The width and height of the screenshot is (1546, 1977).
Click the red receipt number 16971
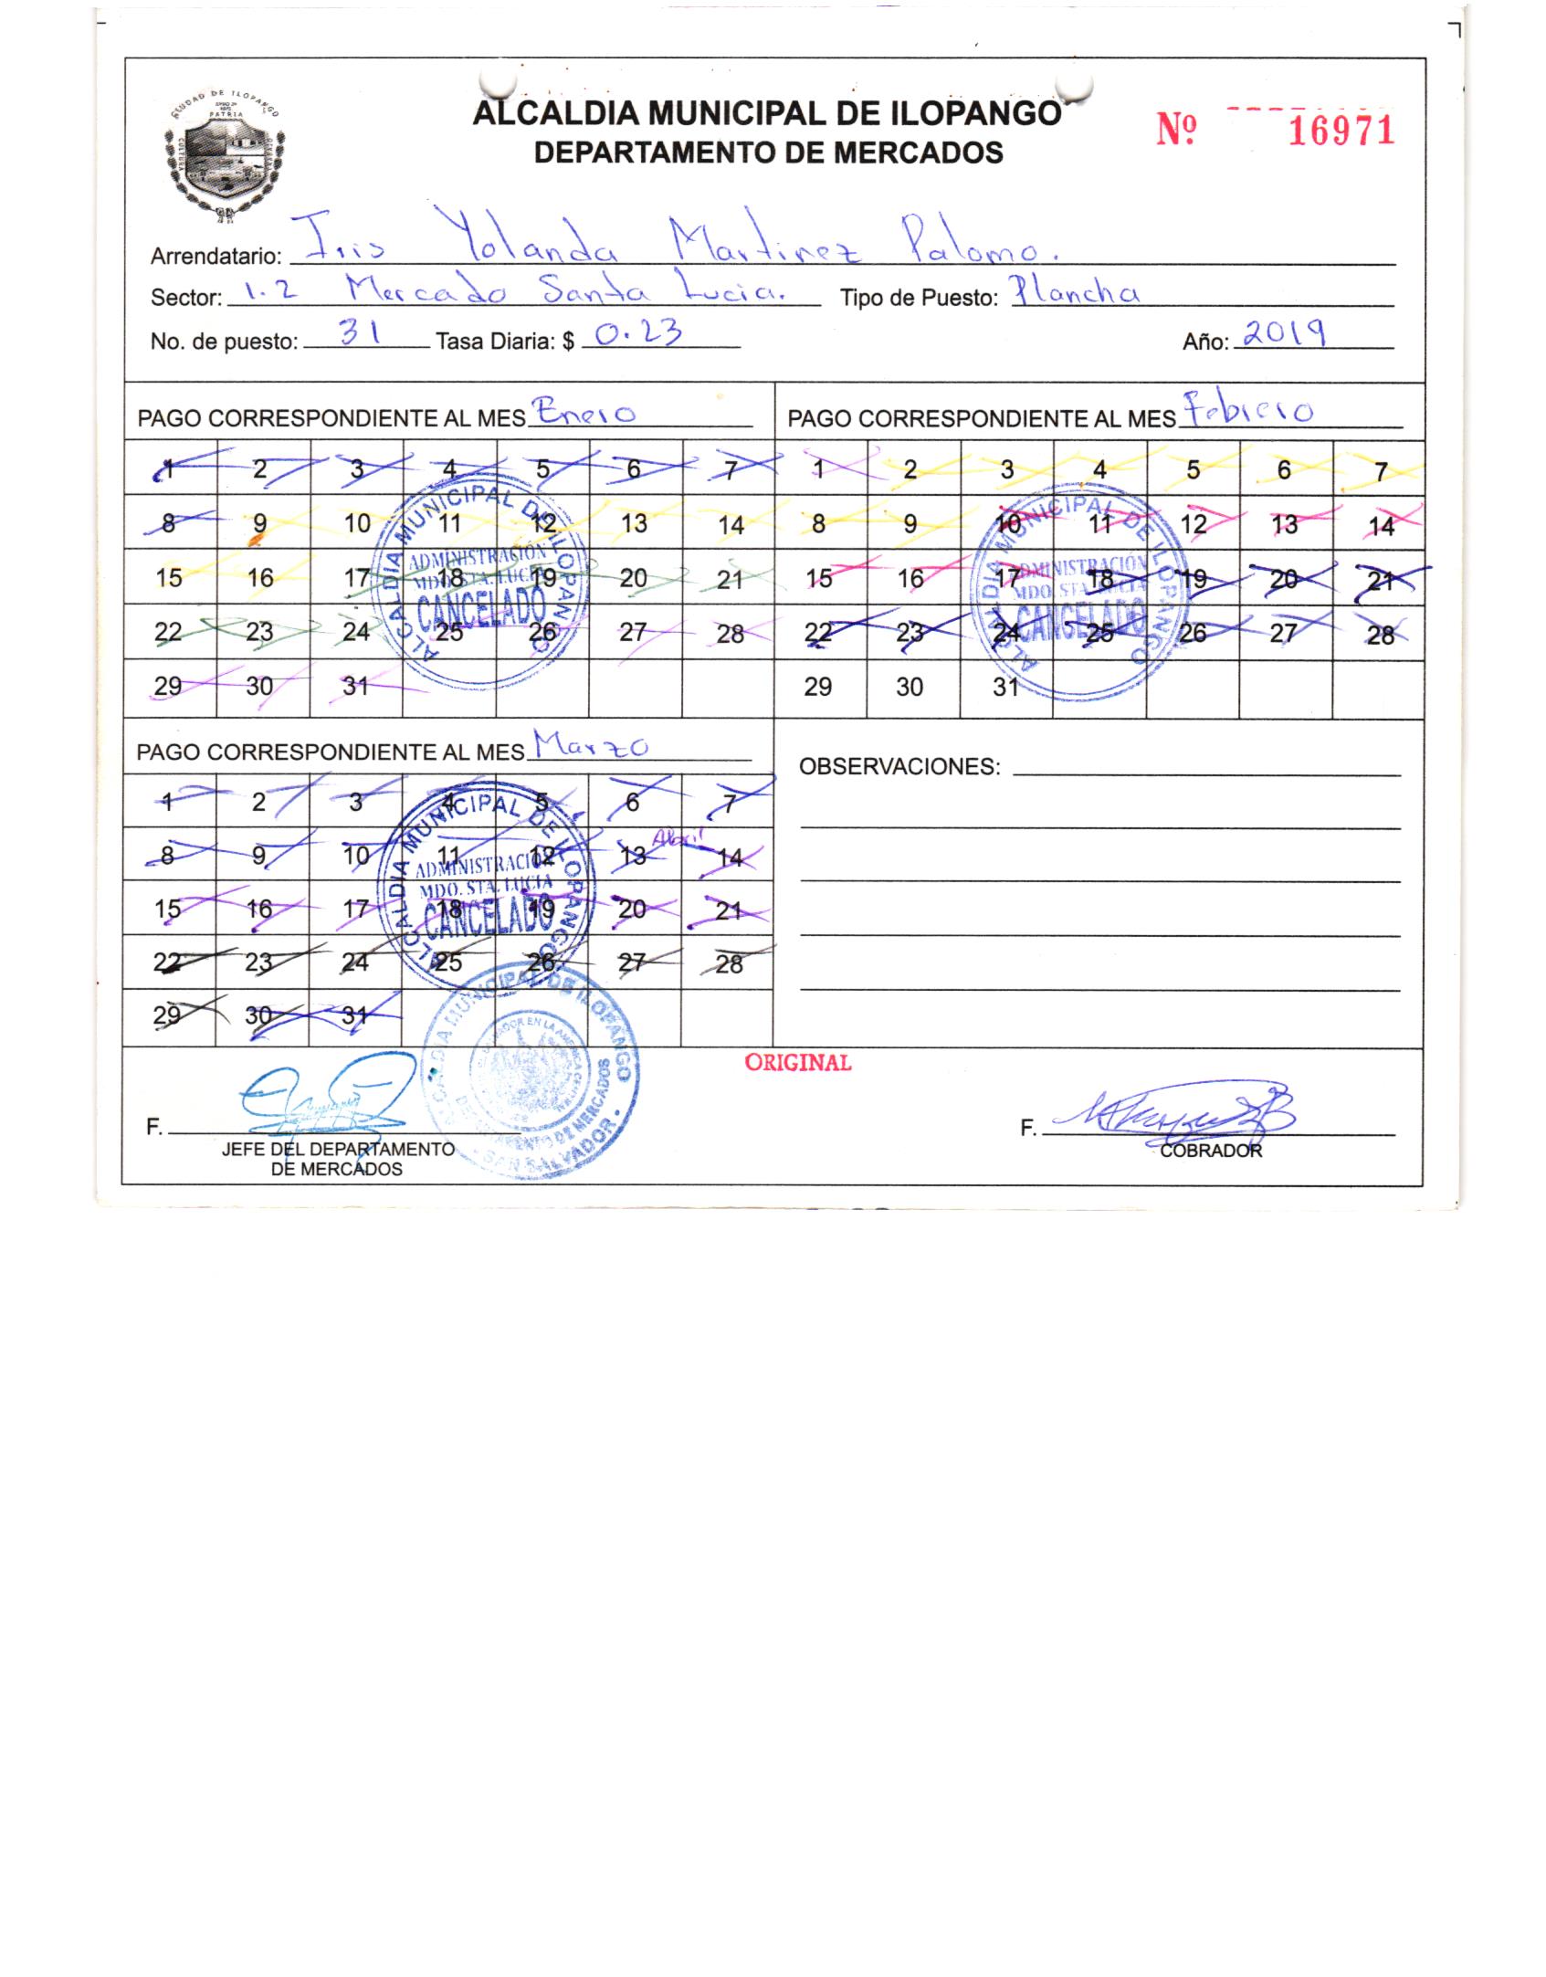pos(1341,131)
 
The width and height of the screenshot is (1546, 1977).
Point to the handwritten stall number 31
pos(358,334)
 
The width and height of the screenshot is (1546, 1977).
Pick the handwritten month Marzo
pos(590,747)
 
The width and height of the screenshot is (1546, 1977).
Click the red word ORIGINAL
pos(798,1063)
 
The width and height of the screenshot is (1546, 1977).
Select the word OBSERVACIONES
pos(899,767)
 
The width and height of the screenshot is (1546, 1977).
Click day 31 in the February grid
pos(1005,687)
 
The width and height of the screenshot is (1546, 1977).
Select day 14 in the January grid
pos(731,524)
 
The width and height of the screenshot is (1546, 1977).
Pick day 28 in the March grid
pos(729,963)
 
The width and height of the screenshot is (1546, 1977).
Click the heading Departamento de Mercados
pos(768,152)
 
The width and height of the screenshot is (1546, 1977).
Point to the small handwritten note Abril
pos(668,842)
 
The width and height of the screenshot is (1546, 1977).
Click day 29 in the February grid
pos(817,687)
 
